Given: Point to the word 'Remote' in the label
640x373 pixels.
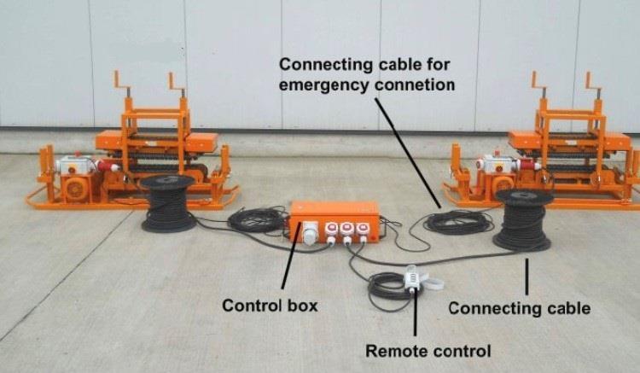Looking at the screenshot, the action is coord(396,350).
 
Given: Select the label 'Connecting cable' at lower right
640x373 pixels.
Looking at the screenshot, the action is coord(519,307).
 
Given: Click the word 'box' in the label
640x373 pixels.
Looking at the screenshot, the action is coord(299,305).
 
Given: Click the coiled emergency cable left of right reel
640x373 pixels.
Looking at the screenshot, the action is coord(457,223).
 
